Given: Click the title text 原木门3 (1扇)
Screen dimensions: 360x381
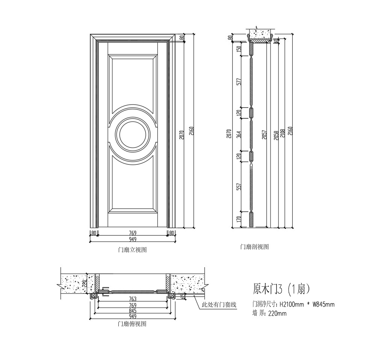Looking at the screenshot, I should pyautogui.click(x=281, y=289).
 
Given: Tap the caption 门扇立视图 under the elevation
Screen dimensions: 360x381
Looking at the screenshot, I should pyautogui.click(x=132, y=250).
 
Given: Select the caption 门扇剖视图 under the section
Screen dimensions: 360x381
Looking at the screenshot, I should pyautogui.click(x=254, y=247).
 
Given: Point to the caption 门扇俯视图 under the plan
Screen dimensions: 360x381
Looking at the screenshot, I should pyautogui.click(x=132, y=324).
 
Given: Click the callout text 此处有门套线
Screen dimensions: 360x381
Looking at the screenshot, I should pyautogui.click(x=219, y=305).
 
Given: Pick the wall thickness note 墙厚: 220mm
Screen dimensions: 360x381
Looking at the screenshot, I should pyautogui.click(x=269, y=313).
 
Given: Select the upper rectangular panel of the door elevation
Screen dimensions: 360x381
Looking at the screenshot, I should pyautogui.click(x=133, y=81).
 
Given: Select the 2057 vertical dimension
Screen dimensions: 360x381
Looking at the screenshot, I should pyautogui.click(x=264, y=135).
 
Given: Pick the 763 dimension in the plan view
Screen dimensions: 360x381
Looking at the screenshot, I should pyautogui.click(x=133, y=299).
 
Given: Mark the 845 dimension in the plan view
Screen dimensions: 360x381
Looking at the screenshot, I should pyautogui.click(x=133, y=311).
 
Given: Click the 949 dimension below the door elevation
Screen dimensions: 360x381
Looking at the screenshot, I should pyautogui.click(x=133, y=239).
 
